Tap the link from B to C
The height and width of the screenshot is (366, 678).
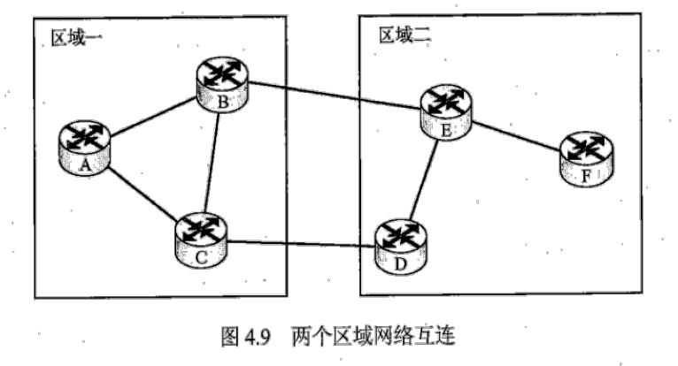point(213,164)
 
